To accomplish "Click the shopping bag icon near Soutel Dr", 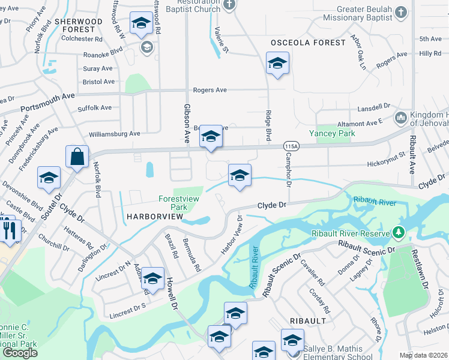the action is [77, 158].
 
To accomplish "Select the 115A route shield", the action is [291, 146].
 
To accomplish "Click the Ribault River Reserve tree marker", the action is [397, 232].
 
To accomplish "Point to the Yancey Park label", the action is [328, 133].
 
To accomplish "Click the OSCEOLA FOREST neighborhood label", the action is [308, 43].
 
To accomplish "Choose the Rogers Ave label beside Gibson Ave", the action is [209, 90].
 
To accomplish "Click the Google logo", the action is [20, 353].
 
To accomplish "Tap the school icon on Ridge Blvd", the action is [277, 64].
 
